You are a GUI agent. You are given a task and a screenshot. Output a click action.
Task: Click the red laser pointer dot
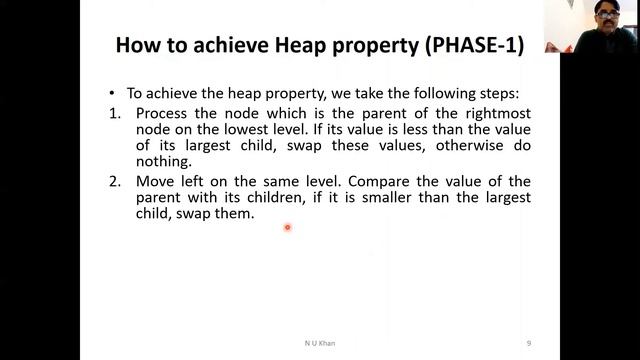[287, 228]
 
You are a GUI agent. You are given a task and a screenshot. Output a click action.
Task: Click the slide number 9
[528, 343]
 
